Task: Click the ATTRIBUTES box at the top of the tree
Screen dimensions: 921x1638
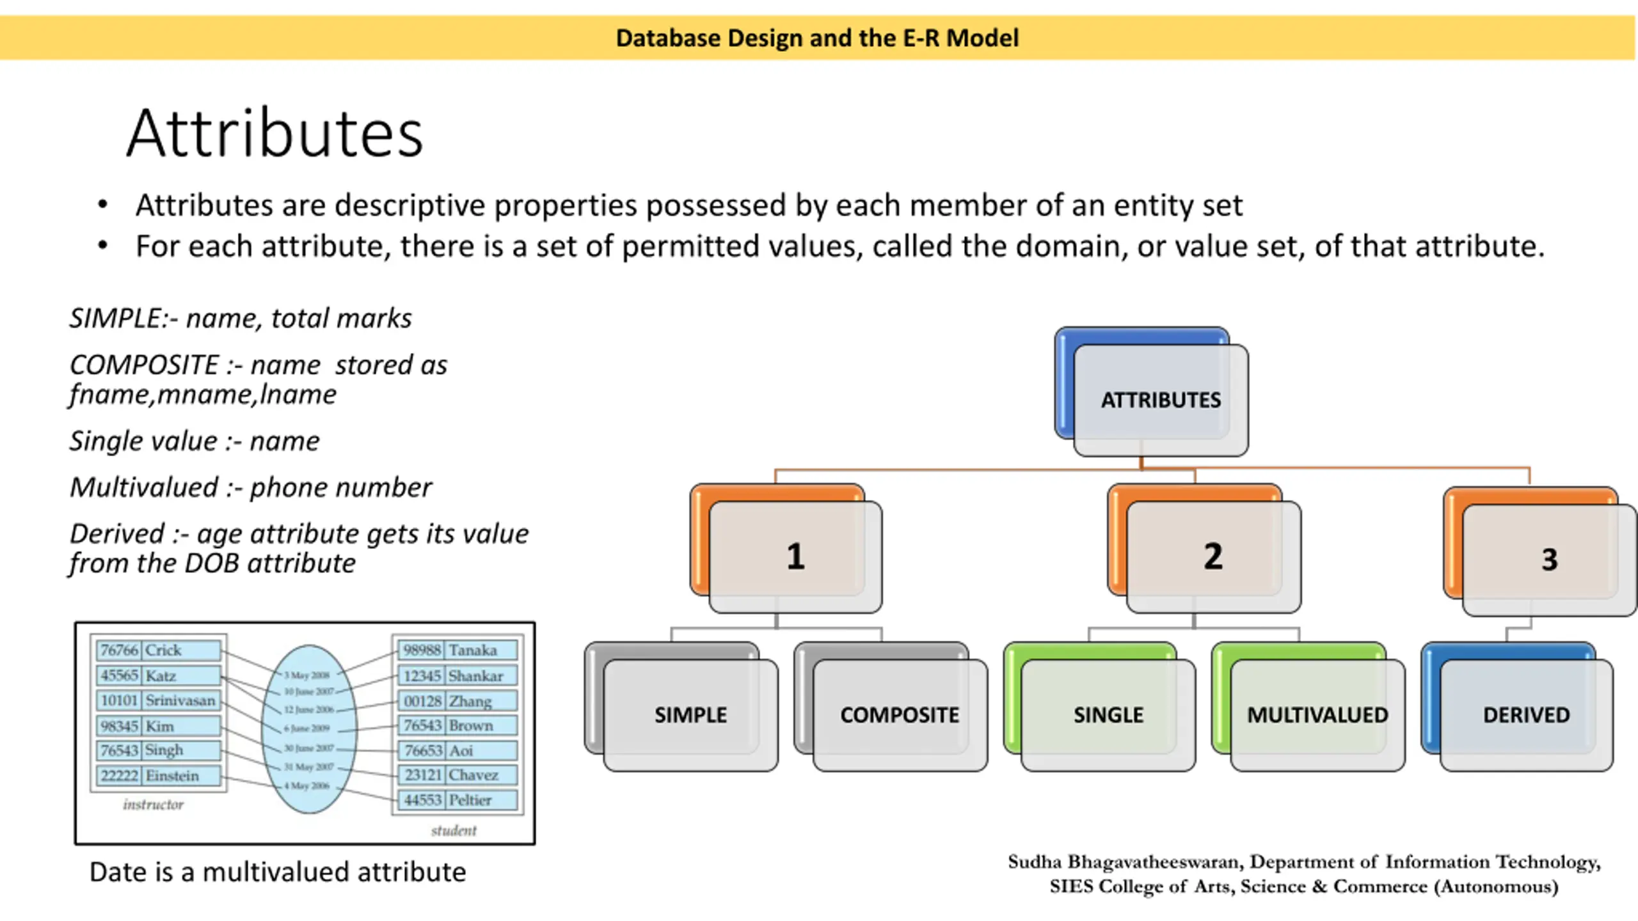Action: [1160, 400]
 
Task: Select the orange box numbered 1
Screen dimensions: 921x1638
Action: [795, 556]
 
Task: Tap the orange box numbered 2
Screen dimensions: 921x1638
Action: [1213, 556]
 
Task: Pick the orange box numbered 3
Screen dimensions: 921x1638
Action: [1548, 559]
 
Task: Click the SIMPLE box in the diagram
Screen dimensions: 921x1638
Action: [690, 714]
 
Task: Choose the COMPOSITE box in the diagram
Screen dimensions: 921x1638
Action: [899, 714]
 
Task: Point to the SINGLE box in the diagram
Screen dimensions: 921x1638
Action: [1108, 714]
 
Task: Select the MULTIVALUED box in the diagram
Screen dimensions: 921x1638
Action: [1317, 714]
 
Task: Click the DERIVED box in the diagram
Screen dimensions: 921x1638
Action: [1526, 714]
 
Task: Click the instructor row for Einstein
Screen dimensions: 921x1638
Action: [158, 776]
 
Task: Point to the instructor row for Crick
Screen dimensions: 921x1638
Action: [158, 650]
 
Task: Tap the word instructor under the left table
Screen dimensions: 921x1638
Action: [153, 805]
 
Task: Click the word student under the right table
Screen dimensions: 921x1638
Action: [454, 831]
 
